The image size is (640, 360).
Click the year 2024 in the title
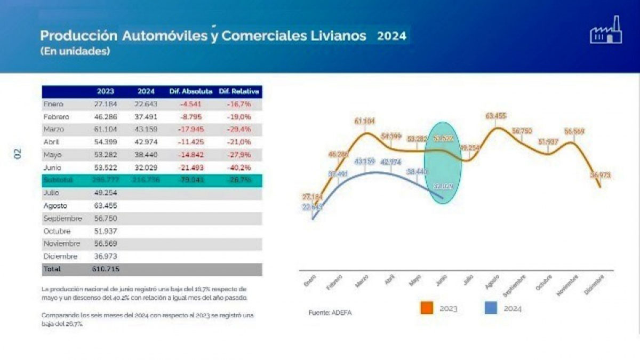[x=391, y=36]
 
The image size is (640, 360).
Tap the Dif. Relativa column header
[x=238, y=91]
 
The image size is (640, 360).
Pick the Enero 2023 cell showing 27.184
[x=106, y=104]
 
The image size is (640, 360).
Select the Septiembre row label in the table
[x=63, y=219]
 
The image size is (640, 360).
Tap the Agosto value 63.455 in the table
[x=106, y=206]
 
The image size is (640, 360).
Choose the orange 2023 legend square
[x=427, y=308]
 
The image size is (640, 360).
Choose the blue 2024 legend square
[x=491, y=308]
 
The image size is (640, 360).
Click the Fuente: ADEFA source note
[x=330, y=313]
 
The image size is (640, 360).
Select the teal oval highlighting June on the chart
[x=442, y=163]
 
